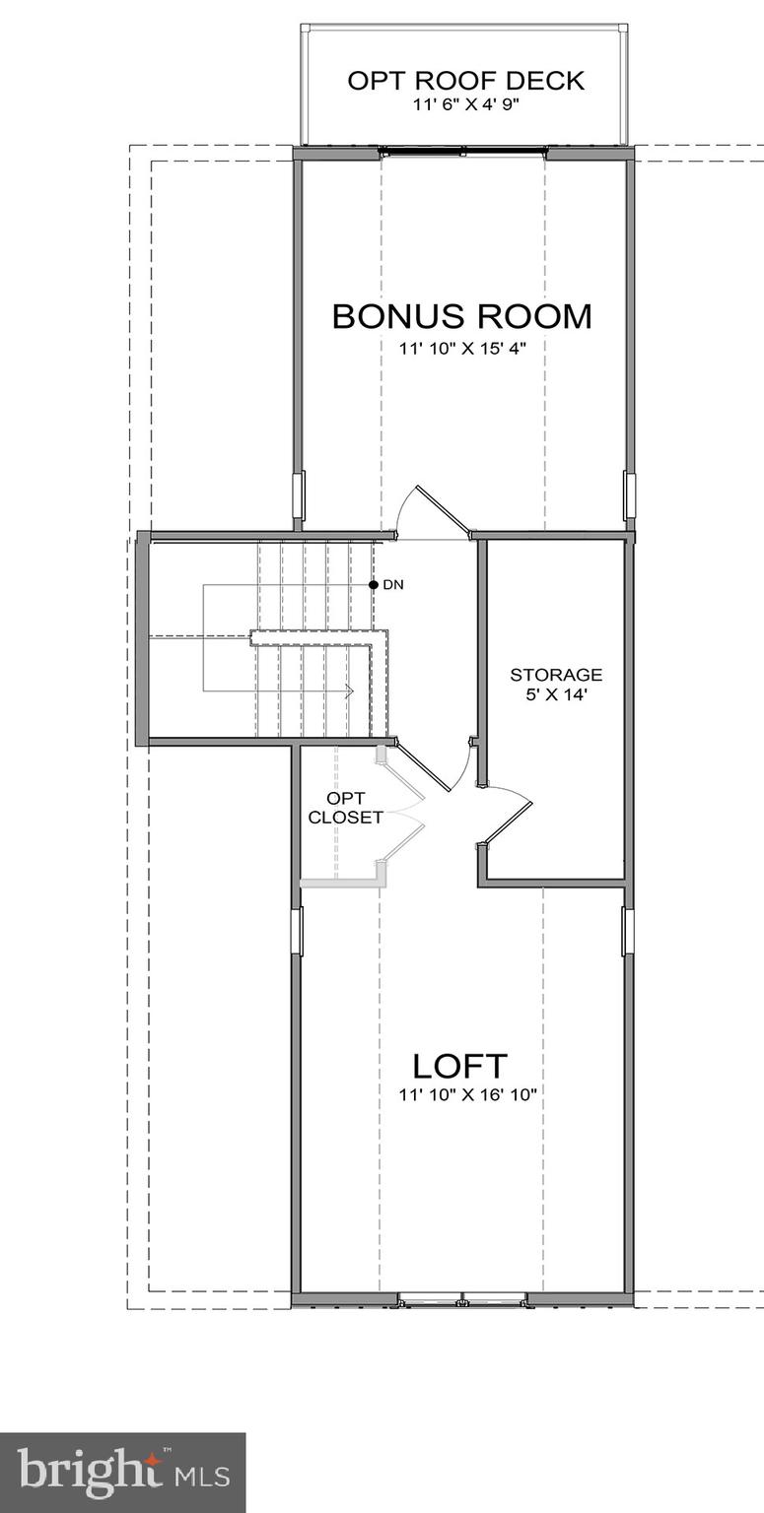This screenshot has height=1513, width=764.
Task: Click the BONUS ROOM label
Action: [x=461, y=316]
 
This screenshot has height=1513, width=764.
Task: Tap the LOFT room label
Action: [x=459, y=1065]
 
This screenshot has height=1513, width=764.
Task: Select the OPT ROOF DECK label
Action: [x=465, y=80]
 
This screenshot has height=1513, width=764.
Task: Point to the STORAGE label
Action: [x=556, y=675]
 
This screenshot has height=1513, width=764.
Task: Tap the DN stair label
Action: [x=393, y=585]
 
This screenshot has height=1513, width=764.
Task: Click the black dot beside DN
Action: [x=374, y=585]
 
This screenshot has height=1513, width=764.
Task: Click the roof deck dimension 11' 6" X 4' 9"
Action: [x=465, y=103]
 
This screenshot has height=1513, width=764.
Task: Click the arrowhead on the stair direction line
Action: [x=349, y=691]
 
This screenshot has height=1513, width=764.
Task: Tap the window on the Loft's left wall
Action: [x=297, y=931]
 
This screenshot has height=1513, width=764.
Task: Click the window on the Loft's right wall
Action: [x=628, y=931]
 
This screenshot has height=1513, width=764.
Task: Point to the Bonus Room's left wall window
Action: [x=299, y=494]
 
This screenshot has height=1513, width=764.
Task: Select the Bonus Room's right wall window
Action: [x=629, y=494]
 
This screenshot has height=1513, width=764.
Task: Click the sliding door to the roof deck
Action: [x=463, y=152]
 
